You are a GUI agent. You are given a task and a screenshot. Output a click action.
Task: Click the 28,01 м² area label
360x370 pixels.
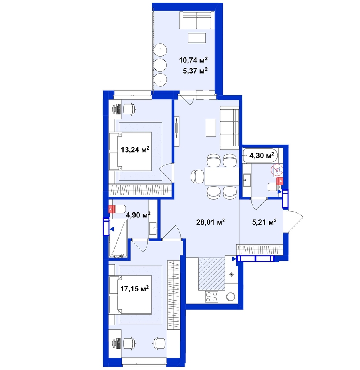pos(211,222)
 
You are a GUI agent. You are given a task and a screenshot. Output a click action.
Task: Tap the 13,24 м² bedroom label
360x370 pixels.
pos(135,150)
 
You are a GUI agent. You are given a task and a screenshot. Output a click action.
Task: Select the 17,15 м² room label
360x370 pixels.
pos(135,288)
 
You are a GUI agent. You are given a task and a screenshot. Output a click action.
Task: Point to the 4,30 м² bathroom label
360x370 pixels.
pos(262,155)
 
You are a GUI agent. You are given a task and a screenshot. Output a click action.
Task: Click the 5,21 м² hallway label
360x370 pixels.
pos(264,222)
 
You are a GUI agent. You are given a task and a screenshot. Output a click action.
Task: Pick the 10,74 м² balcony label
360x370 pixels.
pos(193,60)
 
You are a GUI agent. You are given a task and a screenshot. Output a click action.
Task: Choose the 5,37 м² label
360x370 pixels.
pos(195,71)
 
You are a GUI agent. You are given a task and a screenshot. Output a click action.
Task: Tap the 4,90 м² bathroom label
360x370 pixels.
pos(138,215)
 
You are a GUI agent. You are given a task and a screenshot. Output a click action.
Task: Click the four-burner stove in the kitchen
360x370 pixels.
pos(211,297)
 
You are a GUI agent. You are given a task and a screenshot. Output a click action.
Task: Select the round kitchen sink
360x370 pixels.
pos(231,297)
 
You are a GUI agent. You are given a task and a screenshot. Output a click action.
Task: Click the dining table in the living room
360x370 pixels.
pos(222,176)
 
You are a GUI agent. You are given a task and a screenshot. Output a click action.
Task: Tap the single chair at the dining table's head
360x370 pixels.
pos(198,177)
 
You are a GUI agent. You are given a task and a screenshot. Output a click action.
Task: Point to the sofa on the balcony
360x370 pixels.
pos(197,20)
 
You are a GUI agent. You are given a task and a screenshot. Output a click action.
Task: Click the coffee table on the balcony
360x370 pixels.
pos(197,38)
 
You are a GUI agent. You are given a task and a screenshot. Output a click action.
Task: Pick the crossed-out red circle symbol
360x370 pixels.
pos(277,170)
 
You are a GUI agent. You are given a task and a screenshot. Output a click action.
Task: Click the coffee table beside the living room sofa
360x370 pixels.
pos(211,128)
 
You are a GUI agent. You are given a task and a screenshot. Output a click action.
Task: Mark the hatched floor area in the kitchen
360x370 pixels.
pos(212,274)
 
